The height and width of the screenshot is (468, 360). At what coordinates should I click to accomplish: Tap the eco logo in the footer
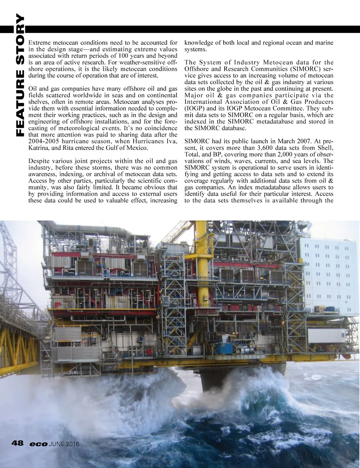click(38, 444)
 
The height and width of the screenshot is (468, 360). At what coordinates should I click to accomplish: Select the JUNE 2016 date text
click(64, 444)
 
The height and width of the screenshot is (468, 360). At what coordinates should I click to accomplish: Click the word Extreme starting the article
click(39, 43)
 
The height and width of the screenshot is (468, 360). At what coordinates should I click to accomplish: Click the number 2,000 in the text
click(287, 154)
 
